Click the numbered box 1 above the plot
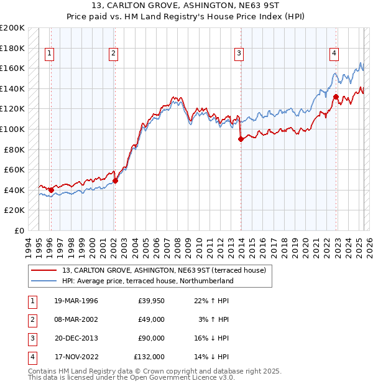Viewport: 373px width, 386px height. [50, 54]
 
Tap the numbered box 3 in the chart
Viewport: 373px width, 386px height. [239, 54]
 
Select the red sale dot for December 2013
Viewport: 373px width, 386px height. [240, 139]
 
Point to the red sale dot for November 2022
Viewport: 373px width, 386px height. [336, 96]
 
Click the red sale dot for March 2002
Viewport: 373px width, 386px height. [115, 181]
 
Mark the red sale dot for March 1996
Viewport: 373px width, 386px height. [51, 190]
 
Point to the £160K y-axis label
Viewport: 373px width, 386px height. [13, 68]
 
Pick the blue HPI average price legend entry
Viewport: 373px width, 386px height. [147, 281]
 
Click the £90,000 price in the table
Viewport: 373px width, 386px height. [149, 338]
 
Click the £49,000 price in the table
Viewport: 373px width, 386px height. [149, 319]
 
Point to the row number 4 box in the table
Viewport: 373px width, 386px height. [31, 357]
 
